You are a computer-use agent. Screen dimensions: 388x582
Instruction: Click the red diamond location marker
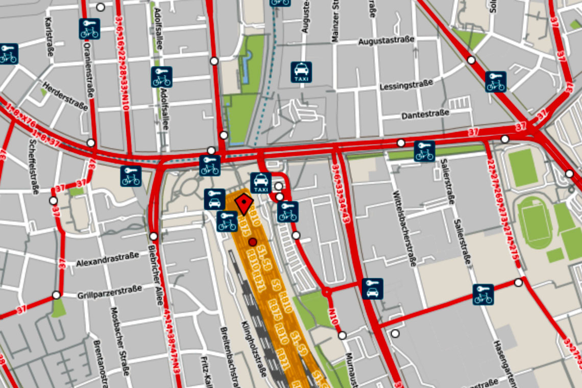(245, 204)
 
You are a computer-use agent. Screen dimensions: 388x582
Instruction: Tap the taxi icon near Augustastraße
(301, 72)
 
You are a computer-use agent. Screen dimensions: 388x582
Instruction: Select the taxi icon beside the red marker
(260, 183)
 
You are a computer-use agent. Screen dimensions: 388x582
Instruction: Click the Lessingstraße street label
(406, 84)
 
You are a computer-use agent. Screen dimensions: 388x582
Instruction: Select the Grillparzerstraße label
(109, 293)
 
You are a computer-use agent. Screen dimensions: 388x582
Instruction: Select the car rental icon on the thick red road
(372, 289)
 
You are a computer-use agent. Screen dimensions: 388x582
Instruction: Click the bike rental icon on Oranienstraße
(89, 29)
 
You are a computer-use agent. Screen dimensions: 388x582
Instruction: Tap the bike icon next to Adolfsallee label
(161, 77)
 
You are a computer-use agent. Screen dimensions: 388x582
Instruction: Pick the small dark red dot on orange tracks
(252, 242)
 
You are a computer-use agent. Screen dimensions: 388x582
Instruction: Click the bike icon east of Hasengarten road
(482, 295)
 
